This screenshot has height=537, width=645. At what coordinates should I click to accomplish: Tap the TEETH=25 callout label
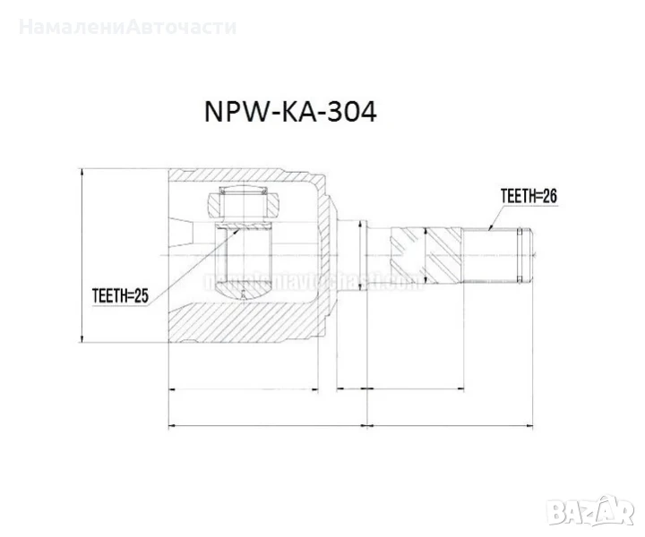tap(119, 294)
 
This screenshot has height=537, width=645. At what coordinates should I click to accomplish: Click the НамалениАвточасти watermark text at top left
tap(127, 26)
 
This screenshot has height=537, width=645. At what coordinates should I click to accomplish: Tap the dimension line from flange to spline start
tap(415, 390)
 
